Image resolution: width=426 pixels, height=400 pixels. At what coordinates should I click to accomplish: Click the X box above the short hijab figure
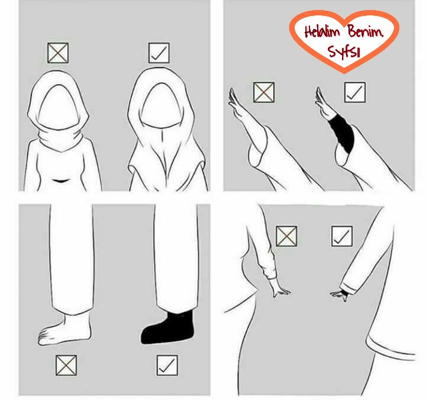(x=58, y=53)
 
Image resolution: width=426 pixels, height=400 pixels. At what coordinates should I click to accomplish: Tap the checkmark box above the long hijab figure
(x=159, y=53)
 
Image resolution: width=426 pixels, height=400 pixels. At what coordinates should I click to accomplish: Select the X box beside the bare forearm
(x=263, y=92)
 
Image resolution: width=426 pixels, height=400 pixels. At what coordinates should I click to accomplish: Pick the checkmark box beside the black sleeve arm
(x=354, y=92)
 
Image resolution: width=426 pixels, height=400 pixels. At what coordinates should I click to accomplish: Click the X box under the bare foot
(x=66, y=365)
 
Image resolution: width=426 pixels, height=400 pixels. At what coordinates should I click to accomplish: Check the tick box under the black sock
(x=167, y=365)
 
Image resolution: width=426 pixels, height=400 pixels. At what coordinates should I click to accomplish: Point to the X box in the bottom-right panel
(x=286, y=236)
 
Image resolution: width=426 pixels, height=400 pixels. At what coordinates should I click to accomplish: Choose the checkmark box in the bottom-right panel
(x=342, y=236)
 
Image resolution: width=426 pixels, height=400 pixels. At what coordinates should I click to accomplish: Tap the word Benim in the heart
(x=366, y=31)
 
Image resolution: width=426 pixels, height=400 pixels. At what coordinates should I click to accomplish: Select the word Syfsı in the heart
(x=344, y=51)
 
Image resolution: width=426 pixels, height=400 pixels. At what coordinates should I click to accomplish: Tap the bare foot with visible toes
(x=64, y=330)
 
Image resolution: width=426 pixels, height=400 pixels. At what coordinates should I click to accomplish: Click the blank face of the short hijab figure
(x=59, y=107)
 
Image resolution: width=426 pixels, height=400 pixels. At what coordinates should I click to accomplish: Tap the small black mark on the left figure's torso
(x=59, y=180)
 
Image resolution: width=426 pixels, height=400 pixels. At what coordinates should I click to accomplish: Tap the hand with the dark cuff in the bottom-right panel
(x=339, y=295)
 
